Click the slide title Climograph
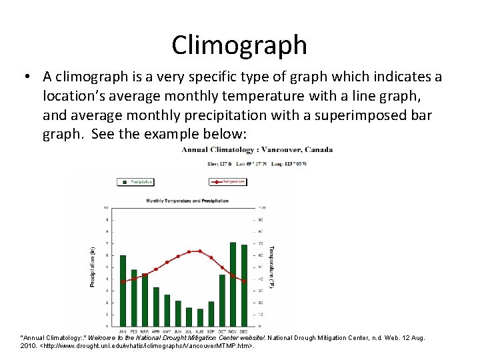pos(239,45)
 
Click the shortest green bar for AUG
pos(200,317)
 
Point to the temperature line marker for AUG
pos(200,251)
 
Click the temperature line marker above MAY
pos(167,262)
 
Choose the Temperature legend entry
pos(228,181)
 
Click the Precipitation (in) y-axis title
pos(93,267)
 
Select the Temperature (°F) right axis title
pos(271,267)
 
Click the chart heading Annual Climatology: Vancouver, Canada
pos(257,149)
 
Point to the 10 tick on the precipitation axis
pos(107,208)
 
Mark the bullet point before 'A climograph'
pos(25,77)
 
